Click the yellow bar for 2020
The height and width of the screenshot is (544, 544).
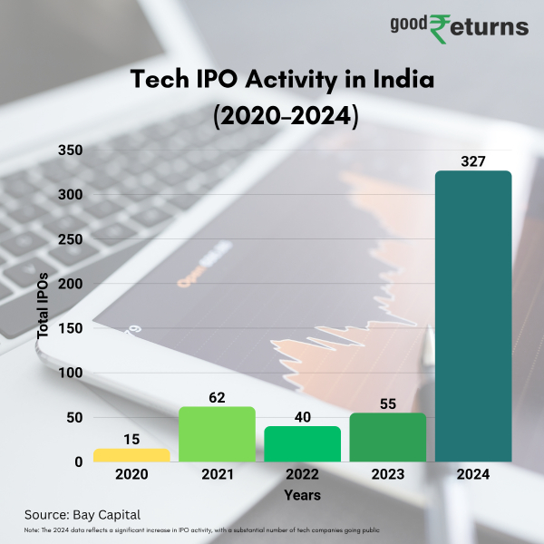(131, 455)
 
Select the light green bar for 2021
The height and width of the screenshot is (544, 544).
(217, 434)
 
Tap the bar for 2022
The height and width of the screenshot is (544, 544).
(302, 444)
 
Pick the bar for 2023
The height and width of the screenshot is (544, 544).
(387, 437)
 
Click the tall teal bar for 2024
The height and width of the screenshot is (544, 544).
(473, 316)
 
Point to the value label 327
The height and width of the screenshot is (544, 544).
(473, 161)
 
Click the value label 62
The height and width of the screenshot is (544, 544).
(217, 397)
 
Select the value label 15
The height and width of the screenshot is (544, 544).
(131, 440)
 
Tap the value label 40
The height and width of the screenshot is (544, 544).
(302, 417)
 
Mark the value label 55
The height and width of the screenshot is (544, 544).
(387, 403)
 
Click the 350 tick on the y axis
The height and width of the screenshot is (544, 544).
(70, 151)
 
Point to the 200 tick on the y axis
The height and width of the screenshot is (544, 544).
(70, 284)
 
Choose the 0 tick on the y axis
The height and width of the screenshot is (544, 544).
(79, 462)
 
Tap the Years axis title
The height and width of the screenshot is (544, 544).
(302, 496)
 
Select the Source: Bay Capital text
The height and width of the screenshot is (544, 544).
(83, 515)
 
